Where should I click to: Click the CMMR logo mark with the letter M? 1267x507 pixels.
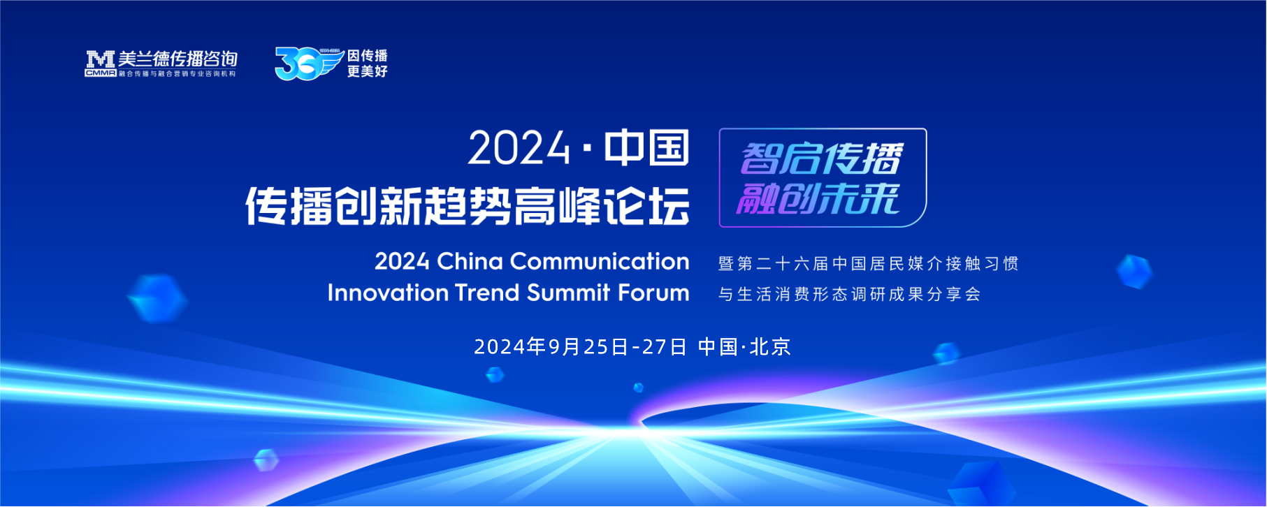coord(101,64)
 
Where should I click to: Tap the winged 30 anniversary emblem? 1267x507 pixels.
coord(309,64)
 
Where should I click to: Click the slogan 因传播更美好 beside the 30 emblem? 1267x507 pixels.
coord(368,64)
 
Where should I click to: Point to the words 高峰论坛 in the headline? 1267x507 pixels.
coord(602,206)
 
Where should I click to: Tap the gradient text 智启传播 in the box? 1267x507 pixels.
coord(822,159)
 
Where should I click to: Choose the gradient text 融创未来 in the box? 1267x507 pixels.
coord(818,198)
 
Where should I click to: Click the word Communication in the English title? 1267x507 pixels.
coord(600,261)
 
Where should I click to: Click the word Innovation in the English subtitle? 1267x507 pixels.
coord(388,293)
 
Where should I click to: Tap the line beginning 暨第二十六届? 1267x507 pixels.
coord(869,264)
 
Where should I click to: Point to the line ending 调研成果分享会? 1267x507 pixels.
coord(850,295)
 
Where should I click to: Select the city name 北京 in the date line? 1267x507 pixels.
coord(770,347)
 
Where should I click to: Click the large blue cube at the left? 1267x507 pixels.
coord(157,298)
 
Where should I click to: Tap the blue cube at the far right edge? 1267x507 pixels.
coord(1134,272)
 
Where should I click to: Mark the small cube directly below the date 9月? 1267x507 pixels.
coord(495,375)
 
